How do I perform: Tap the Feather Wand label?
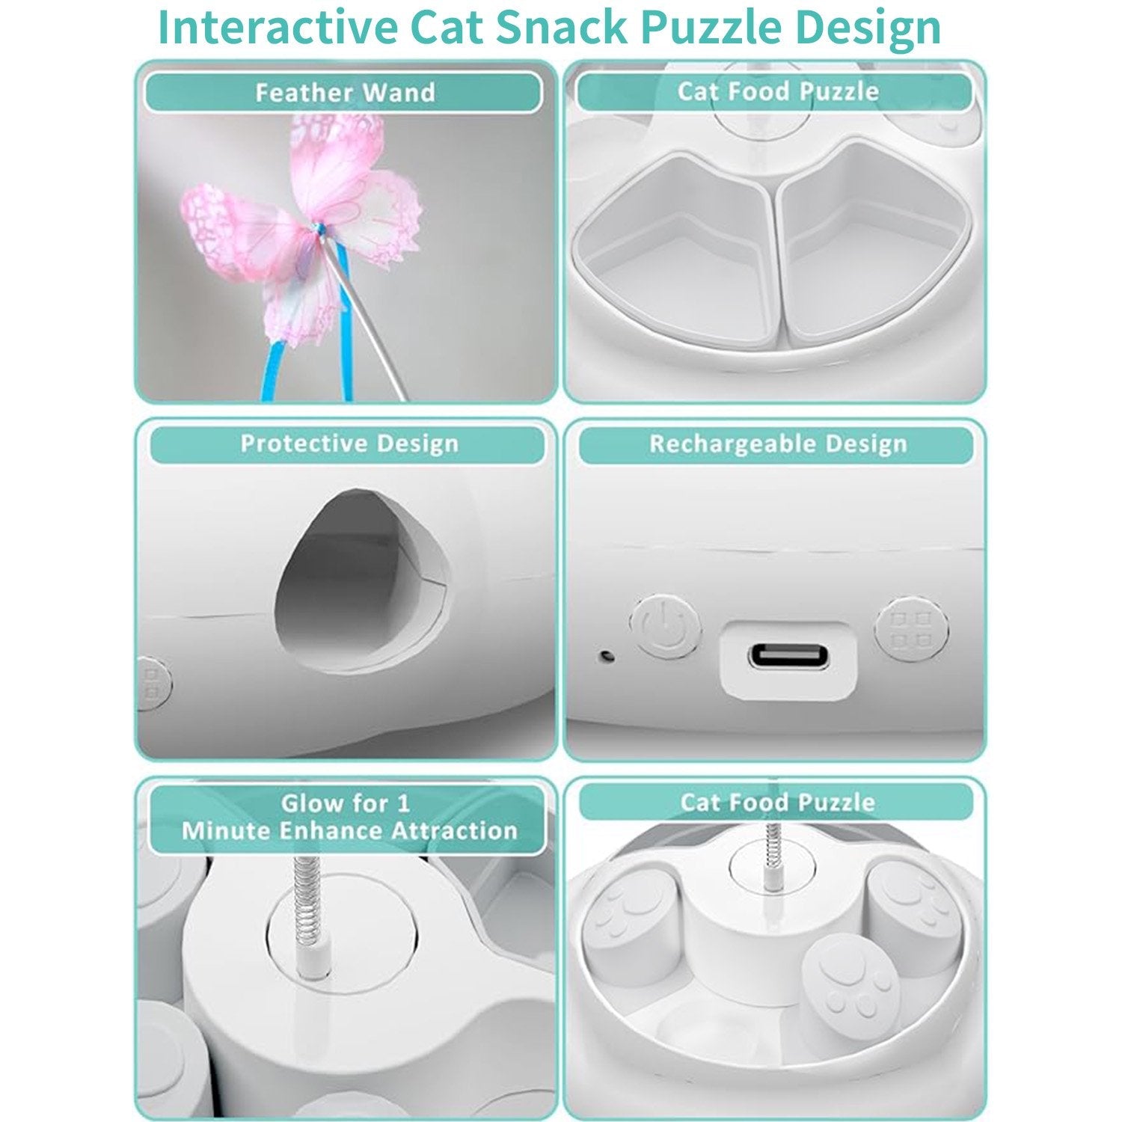[345, 93]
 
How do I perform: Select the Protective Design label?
[349, 444]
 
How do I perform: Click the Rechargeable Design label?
[777, 444]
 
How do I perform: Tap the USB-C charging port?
[788, 658]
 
